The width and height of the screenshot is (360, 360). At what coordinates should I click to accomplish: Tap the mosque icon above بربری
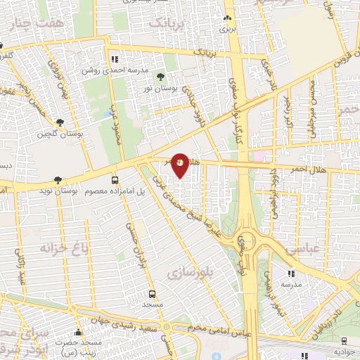click(226, 19)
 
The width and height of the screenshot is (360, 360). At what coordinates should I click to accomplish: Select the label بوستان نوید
click(56, 191)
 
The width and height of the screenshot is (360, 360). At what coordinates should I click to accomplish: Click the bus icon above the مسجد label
click(152, 295)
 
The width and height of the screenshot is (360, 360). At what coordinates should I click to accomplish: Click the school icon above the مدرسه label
click(291, 274)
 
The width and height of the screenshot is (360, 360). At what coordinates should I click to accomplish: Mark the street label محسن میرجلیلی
click(314, 92)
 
